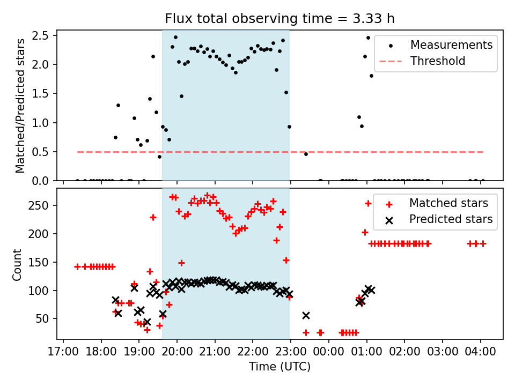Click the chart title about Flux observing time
(x=279, y=19)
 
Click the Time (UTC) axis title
(x=279, y=367)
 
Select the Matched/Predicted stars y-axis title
(x=20, y=106)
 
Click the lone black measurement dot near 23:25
(x=306, y=154)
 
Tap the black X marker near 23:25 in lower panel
(x=306, y=315)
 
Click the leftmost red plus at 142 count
(x=77, y=266)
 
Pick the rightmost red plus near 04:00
(x=483, y=243)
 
